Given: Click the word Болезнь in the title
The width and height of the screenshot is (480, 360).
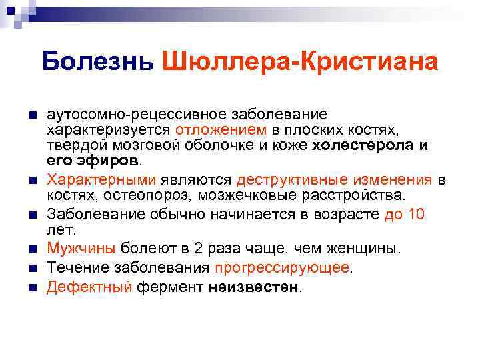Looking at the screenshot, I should [97, 62].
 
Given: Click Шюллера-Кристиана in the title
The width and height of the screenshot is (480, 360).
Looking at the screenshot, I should [299, 62].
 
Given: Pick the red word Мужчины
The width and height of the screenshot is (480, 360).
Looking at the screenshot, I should [81, 249].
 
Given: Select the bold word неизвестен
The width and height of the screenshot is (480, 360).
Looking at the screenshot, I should [254, 287].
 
